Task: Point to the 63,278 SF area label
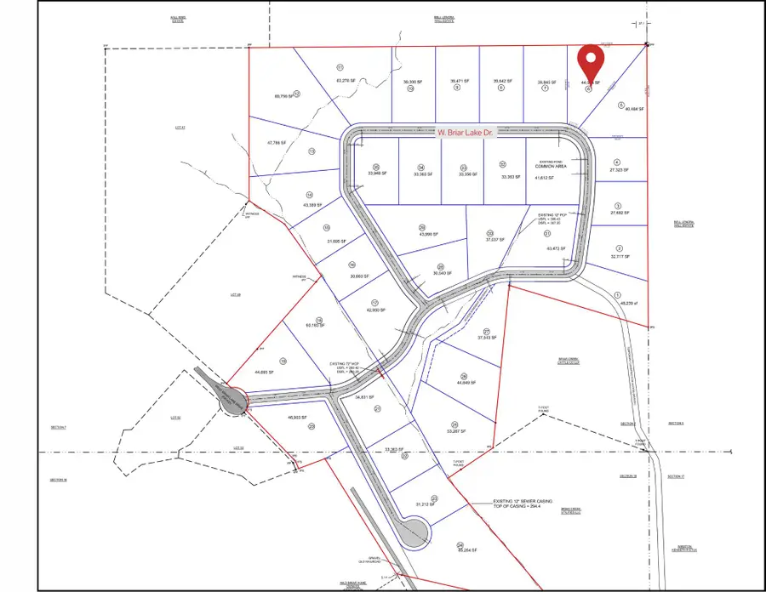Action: click(344, 81)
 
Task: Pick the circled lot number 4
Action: click(617, 162)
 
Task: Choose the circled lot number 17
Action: click(374, 302)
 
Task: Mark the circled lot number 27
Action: click(487, 332)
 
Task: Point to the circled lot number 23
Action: click(434, 498)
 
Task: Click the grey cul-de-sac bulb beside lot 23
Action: click(416, 535)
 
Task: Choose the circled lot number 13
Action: click(312, 151)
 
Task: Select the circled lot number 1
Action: click(616, 296)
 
